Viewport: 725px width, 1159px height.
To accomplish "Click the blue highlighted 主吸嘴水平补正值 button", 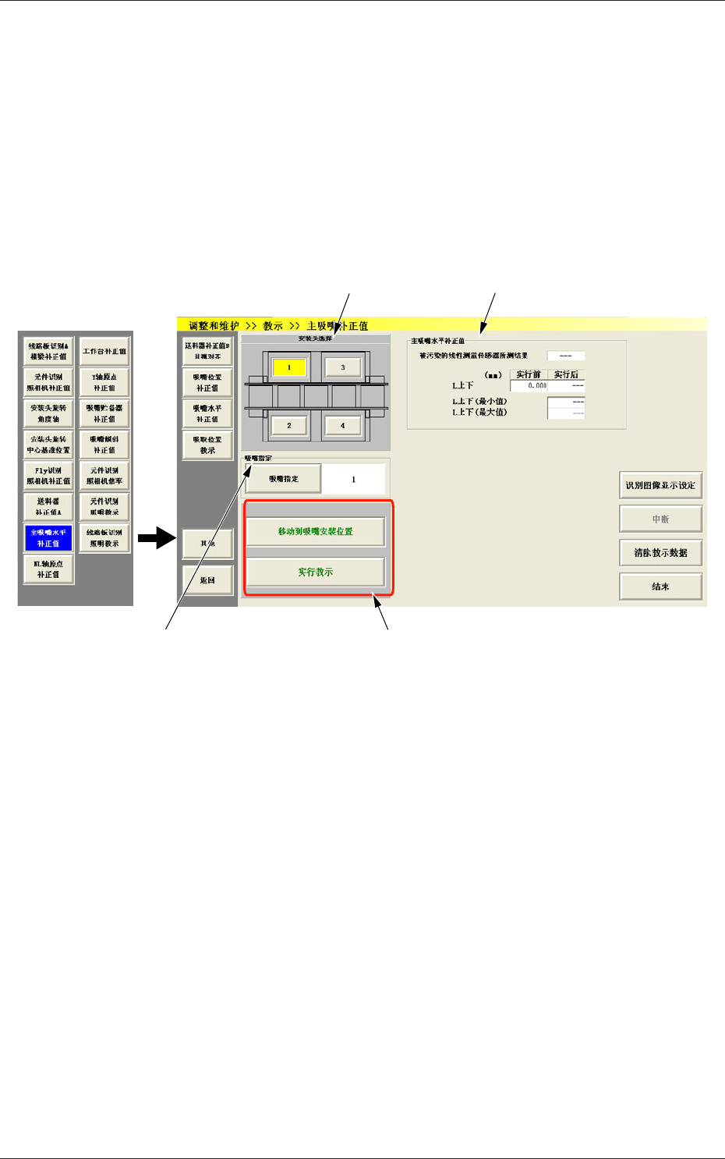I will tap(48, 538).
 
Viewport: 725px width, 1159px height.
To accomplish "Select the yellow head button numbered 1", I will tap(289, 367).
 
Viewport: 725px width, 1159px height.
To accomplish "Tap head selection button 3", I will tap(342, 367).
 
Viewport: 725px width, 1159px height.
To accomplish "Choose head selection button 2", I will tap(289, 425).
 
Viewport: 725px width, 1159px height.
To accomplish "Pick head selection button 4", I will tap(342, 425).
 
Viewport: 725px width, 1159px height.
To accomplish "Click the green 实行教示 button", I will tap(316, 572).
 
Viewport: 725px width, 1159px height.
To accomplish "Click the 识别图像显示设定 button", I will tap(660, 485).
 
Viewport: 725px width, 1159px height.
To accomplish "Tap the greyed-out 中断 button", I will tap(660, 519).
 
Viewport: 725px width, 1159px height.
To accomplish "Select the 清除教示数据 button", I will tap(660, 552).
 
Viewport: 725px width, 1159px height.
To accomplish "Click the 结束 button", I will tap(660, 586).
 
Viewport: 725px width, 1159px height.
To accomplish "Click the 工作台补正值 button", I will tap(104, 351).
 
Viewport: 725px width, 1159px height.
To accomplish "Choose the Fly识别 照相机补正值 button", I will tap(48, 476).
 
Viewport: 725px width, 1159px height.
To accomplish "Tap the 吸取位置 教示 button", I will tap(207, 445).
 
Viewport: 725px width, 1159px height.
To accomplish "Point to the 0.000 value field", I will tap(529, 386).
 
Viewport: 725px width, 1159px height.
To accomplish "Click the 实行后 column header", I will tap(566, 375).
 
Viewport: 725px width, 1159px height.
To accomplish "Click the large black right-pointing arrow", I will tap(157, 537).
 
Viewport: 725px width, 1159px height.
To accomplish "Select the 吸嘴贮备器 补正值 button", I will tap(104, 413).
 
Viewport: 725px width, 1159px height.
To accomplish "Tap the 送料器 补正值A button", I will tap(48, 507).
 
